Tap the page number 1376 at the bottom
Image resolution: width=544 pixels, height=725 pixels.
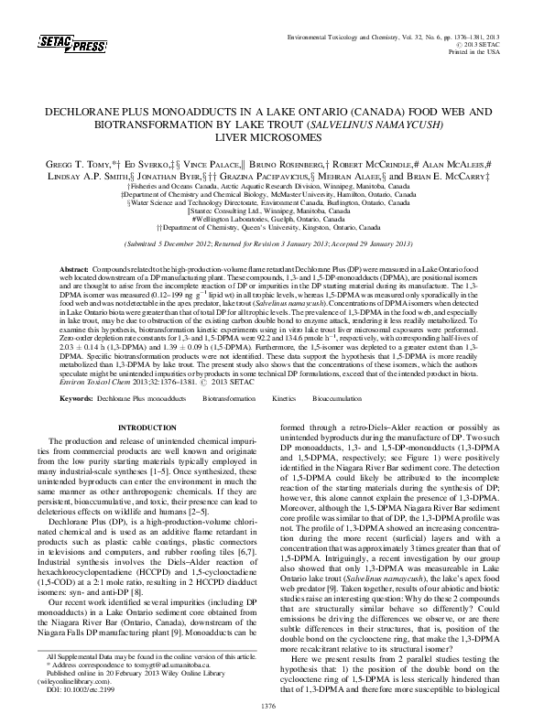(268, 706)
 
